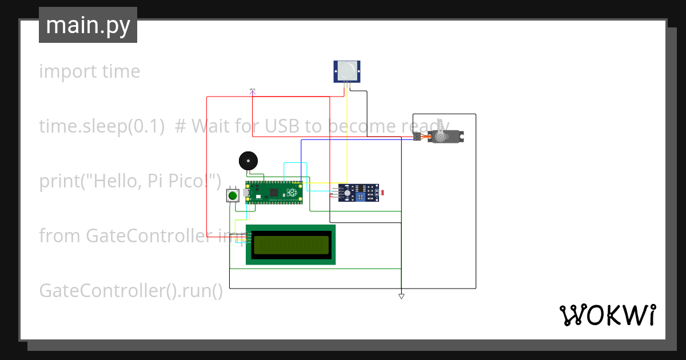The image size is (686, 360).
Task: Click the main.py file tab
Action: click(x=88, y=25)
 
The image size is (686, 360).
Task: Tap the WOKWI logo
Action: click(x=607, y=315)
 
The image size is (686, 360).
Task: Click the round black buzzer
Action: click(x=248, y=161)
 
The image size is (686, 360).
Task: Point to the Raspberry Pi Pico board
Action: click(x=274, y=193)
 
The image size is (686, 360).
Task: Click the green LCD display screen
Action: click(x=291, y=245)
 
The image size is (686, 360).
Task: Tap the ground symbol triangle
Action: click(x=401, y=296)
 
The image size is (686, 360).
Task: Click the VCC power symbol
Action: click(x=252, y=90)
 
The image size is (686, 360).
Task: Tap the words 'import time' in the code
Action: click(x=90, y=71)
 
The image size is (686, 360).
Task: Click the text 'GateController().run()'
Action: click(x=131, y=291)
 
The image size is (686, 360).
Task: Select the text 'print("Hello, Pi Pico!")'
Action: click(x=130, y=181)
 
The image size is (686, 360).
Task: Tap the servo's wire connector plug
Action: click(x=417, y=137)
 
